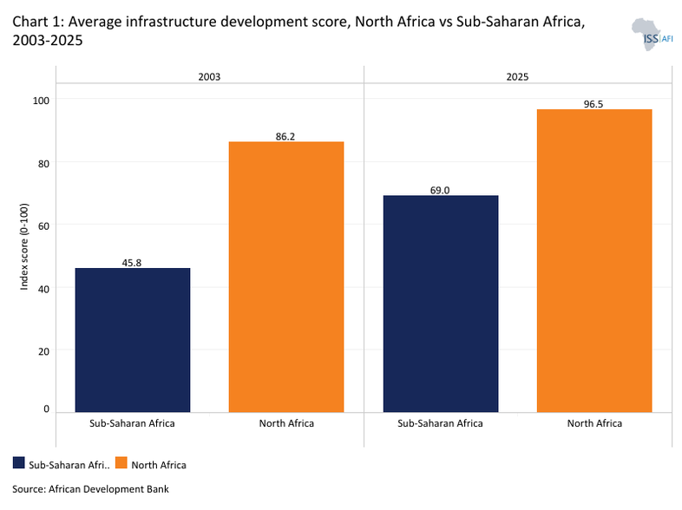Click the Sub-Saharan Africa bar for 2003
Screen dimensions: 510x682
click(x=133, y=339)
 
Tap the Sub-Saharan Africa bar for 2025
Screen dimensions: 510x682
click(x=441, y=303)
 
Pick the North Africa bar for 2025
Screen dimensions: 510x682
click(x=594, y=260)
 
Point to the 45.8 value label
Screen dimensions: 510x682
click(x=133, y=261)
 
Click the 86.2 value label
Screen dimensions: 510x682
click(x=286, y=135)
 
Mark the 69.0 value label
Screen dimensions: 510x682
click(x=441, y=189)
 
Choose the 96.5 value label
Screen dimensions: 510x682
click(x=594, y=103)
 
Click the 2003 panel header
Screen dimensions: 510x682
click(x=209, y=77)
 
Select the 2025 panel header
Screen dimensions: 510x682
click(x=517, y=77)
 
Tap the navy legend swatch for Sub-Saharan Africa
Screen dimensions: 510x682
click(x=19, y=464)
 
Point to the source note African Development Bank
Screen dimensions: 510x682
click(x=90, y=488)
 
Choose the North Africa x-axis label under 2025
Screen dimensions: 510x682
click(x=594, y=423)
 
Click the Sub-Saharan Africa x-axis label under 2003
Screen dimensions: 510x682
click(x=133, y=423)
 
